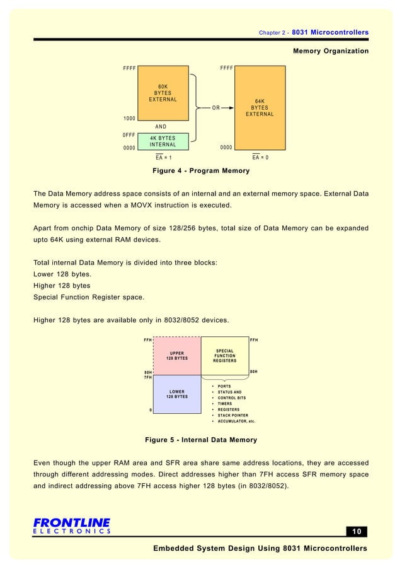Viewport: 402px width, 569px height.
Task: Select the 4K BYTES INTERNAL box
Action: point(163,141)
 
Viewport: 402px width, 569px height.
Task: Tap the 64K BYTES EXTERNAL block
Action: point(259,107)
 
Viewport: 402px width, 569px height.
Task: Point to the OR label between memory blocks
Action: point(215,108)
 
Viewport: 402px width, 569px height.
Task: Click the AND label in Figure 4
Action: point(161,127)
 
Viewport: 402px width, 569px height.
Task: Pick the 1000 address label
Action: point(130,119)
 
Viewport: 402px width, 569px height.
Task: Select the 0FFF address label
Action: point(130,134)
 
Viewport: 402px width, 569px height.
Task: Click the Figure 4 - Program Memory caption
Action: point(201,171)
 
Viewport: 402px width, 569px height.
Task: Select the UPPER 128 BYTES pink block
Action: point(177,356)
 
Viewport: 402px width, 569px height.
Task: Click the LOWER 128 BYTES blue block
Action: point(177,394)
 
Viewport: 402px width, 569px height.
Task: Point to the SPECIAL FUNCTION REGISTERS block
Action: point(225,356)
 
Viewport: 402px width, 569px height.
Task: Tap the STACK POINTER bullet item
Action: point(233,415)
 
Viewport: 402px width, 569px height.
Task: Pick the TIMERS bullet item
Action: point(225,404)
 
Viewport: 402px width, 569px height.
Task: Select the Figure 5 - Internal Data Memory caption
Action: point(201,439)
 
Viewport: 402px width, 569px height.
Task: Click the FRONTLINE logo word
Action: point(71,522)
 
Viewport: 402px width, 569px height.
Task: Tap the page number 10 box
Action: point(357,531)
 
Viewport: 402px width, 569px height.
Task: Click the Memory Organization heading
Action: point(331,50)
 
